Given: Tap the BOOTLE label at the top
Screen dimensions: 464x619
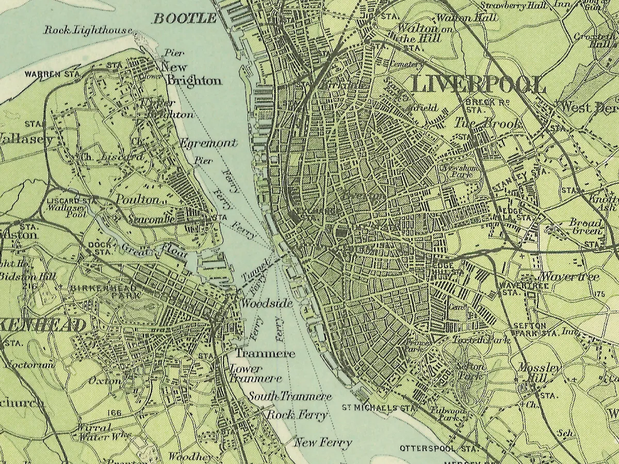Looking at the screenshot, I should tap(185, 19).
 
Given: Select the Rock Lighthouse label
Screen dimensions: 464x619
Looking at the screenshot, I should tap(88, 30).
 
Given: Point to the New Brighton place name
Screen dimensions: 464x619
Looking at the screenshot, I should tap(191, 74).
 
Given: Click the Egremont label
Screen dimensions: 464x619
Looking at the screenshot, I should tap(208, 143).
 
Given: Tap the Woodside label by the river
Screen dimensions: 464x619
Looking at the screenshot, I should tap(267, 304).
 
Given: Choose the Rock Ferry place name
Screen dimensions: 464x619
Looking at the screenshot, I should tap(296, 415).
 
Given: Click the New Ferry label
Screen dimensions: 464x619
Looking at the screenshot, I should tap(323, 442).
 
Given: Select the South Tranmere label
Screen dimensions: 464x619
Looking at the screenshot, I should tap(290, 396).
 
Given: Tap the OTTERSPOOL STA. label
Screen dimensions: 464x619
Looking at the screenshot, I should tap(436, 449).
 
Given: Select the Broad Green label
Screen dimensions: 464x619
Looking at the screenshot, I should tap(585, 227).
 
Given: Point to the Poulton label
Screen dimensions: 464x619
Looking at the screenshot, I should tap(137, 200).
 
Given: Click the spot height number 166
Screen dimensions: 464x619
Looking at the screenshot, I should tap(115, 413).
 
